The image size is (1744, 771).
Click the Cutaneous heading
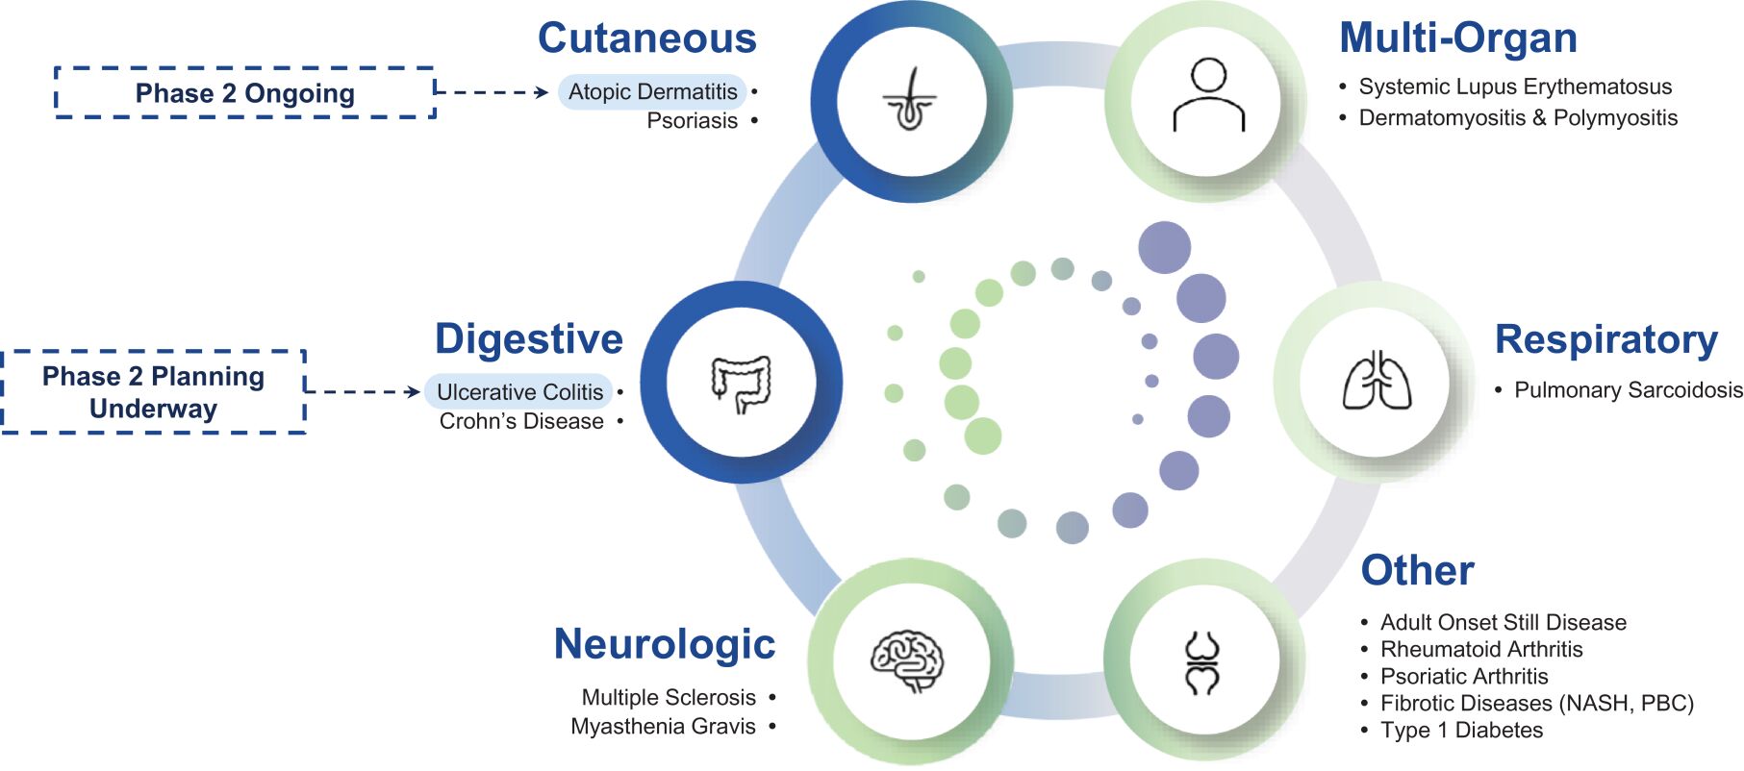tap(646, 38)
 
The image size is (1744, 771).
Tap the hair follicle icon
tap(910, 100)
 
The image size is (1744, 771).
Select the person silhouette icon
tap(1208, 96)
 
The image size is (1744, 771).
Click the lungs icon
tap(1377, 382)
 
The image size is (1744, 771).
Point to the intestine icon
tap(741, 383)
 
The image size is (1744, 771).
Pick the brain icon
tap(907, 660)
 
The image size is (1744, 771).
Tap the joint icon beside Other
tap(1202, 662)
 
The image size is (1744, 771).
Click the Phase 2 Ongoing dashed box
tap(245, 93)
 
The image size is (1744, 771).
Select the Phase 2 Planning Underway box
tap(154, 392)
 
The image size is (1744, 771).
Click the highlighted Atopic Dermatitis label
tap(652, 92)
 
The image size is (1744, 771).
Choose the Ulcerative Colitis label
tap(519, 392)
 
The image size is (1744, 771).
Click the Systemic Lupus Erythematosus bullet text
tap(1515, 87)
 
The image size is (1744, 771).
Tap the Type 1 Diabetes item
tap(1461, 731)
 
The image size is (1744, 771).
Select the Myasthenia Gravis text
tap(663, 727)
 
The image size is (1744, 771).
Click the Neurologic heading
tap(664, 644)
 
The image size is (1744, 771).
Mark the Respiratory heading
tap(1605, 340)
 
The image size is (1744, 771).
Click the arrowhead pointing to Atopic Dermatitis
tap(543, 92)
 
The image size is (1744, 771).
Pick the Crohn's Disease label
tap(521, 422)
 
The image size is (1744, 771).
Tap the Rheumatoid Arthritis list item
tap(1481, 650)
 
